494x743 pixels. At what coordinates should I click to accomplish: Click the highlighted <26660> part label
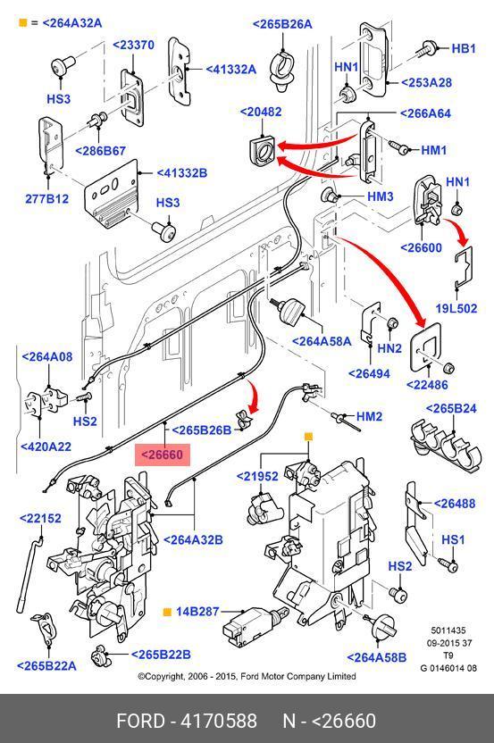163,455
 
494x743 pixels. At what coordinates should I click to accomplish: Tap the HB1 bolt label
464,48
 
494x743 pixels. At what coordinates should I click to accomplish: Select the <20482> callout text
261,112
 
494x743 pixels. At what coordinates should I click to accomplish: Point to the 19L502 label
456,308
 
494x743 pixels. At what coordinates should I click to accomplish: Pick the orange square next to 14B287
167,612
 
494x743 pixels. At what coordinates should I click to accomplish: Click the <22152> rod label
40,518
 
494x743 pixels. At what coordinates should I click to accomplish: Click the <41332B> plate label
182,173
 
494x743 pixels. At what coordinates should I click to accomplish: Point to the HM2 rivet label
369,416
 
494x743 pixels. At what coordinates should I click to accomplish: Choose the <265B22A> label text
46,666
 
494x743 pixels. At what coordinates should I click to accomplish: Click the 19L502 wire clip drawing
464,268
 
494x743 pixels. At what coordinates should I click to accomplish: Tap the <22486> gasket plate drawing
426,346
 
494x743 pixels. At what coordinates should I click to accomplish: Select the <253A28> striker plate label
427,82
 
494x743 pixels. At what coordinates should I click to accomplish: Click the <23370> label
133,45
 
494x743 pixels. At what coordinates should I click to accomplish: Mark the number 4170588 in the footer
219,721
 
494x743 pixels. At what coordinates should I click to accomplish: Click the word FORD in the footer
140,721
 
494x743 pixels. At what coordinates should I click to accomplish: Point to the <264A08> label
47,356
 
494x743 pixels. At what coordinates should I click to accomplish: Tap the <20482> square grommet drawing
261,149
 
